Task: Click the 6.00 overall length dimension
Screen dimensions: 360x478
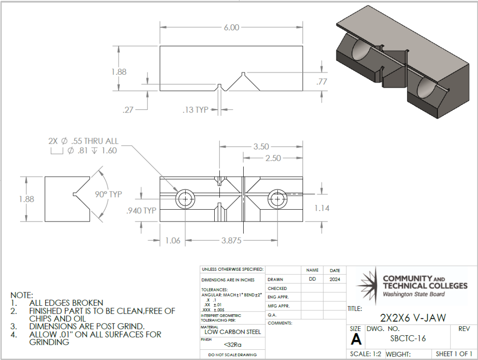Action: pos(231,28)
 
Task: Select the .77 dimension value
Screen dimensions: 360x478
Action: pos(322,82)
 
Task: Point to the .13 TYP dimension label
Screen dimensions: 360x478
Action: pos(195,110)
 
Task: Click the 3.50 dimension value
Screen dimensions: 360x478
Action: pos(261,147)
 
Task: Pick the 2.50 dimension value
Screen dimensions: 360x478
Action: pos(273,158)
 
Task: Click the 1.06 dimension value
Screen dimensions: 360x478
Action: pos(173,240)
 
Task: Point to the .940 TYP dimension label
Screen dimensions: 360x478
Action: pos(141,211)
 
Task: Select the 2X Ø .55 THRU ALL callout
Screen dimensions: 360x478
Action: pos(83,141)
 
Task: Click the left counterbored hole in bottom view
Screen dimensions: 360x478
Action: pos(186,199)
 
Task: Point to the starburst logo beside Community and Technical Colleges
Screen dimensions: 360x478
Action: pos(368,282)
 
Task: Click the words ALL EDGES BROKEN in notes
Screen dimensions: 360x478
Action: pos(66,303)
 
